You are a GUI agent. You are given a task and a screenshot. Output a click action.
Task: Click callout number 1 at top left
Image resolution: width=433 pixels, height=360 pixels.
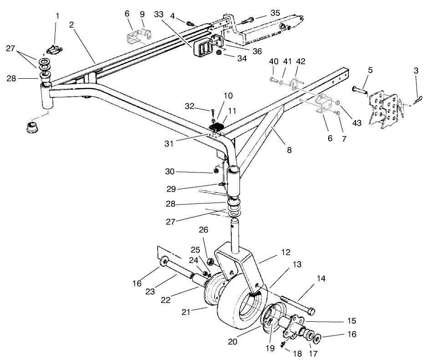[x=57, y=16]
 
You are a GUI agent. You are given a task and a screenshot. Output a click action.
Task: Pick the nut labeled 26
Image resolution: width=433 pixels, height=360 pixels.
[x=211, y=262]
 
